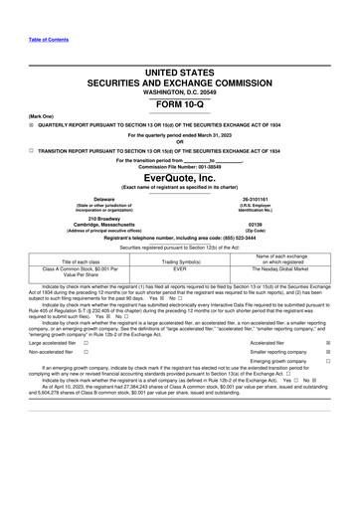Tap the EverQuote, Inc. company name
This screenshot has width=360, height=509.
pyautogui.click(x=179, y=177)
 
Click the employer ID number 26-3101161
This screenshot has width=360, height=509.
pyautogui.click(x=269, y=199)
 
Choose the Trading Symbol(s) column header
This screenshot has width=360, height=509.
pyautogui.click(x=179, y=261)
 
